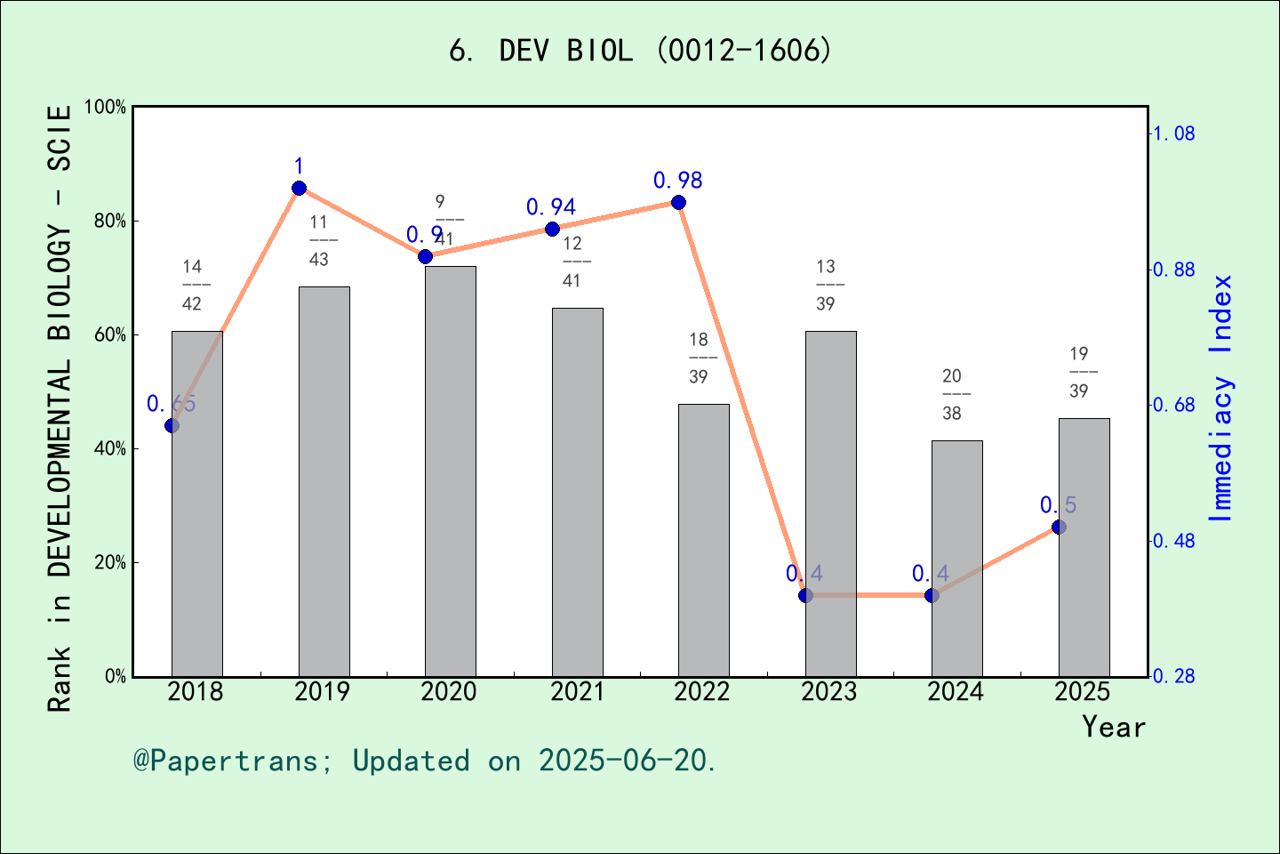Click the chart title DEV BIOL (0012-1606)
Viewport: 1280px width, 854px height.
coord(640,51)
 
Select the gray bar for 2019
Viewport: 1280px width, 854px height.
coord(324,480)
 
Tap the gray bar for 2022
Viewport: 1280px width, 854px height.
coord(703,540)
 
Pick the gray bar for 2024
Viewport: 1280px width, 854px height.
coord(956,558)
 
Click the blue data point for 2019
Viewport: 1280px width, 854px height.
coord(299,188)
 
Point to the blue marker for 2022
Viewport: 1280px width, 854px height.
coord(678,203)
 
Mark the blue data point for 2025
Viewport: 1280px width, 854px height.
coord(1059,528)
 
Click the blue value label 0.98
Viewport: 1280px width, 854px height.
coord(677,181)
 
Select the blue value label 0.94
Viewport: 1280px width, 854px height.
coord(551,207)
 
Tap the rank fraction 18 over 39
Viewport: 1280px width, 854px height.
coord(699,358)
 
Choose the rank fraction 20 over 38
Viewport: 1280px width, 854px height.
coord(952,394)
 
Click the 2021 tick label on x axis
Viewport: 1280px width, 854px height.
coord(577,692)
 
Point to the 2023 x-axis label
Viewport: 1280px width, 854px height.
coord(829,692)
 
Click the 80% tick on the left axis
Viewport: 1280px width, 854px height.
coord(110,221)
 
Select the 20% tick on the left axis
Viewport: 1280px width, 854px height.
coord(110,562)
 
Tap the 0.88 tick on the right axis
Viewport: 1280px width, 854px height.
coord(1173,270)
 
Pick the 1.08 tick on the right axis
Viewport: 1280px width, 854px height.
coord(1173,133)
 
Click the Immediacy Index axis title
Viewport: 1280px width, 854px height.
coord(1221,398)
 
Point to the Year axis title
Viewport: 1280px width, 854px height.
coord(1114,727)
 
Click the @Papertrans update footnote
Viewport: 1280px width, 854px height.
coord(425,761)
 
